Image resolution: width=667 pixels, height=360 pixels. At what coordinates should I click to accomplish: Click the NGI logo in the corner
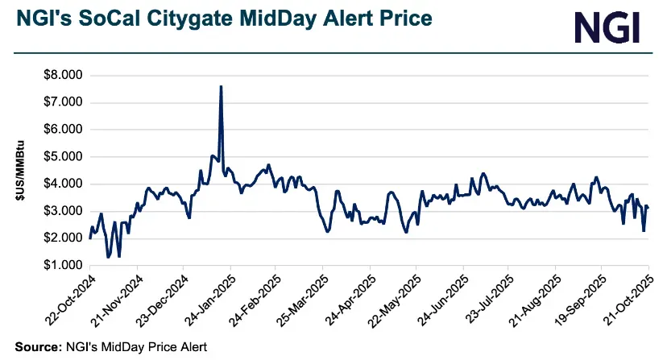(607, 27)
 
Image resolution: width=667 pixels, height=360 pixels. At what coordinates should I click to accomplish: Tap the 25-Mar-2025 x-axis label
(301, 300)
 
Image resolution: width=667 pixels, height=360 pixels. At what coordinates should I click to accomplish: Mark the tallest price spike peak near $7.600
(221, 86)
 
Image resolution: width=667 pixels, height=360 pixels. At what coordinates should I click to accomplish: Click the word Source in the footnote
(36, 346)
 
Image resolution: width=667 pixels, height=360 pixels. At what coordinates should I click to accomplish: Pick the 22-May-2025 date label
(395, 300)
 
